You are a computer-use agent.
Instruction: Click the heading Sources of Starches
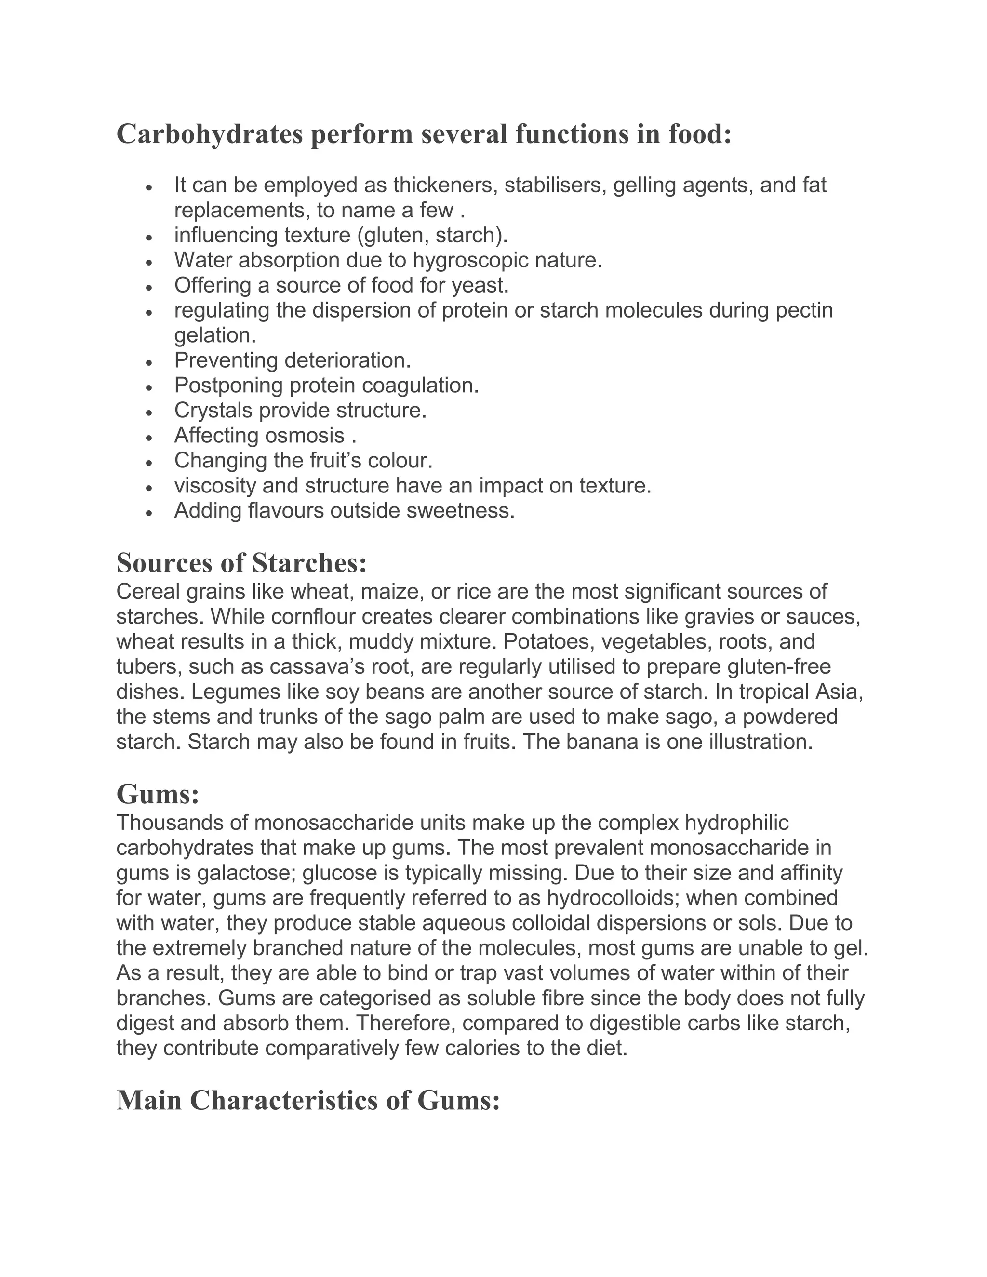[241, 563]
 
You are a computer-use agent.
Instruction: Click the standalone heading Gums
[158, 794]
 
